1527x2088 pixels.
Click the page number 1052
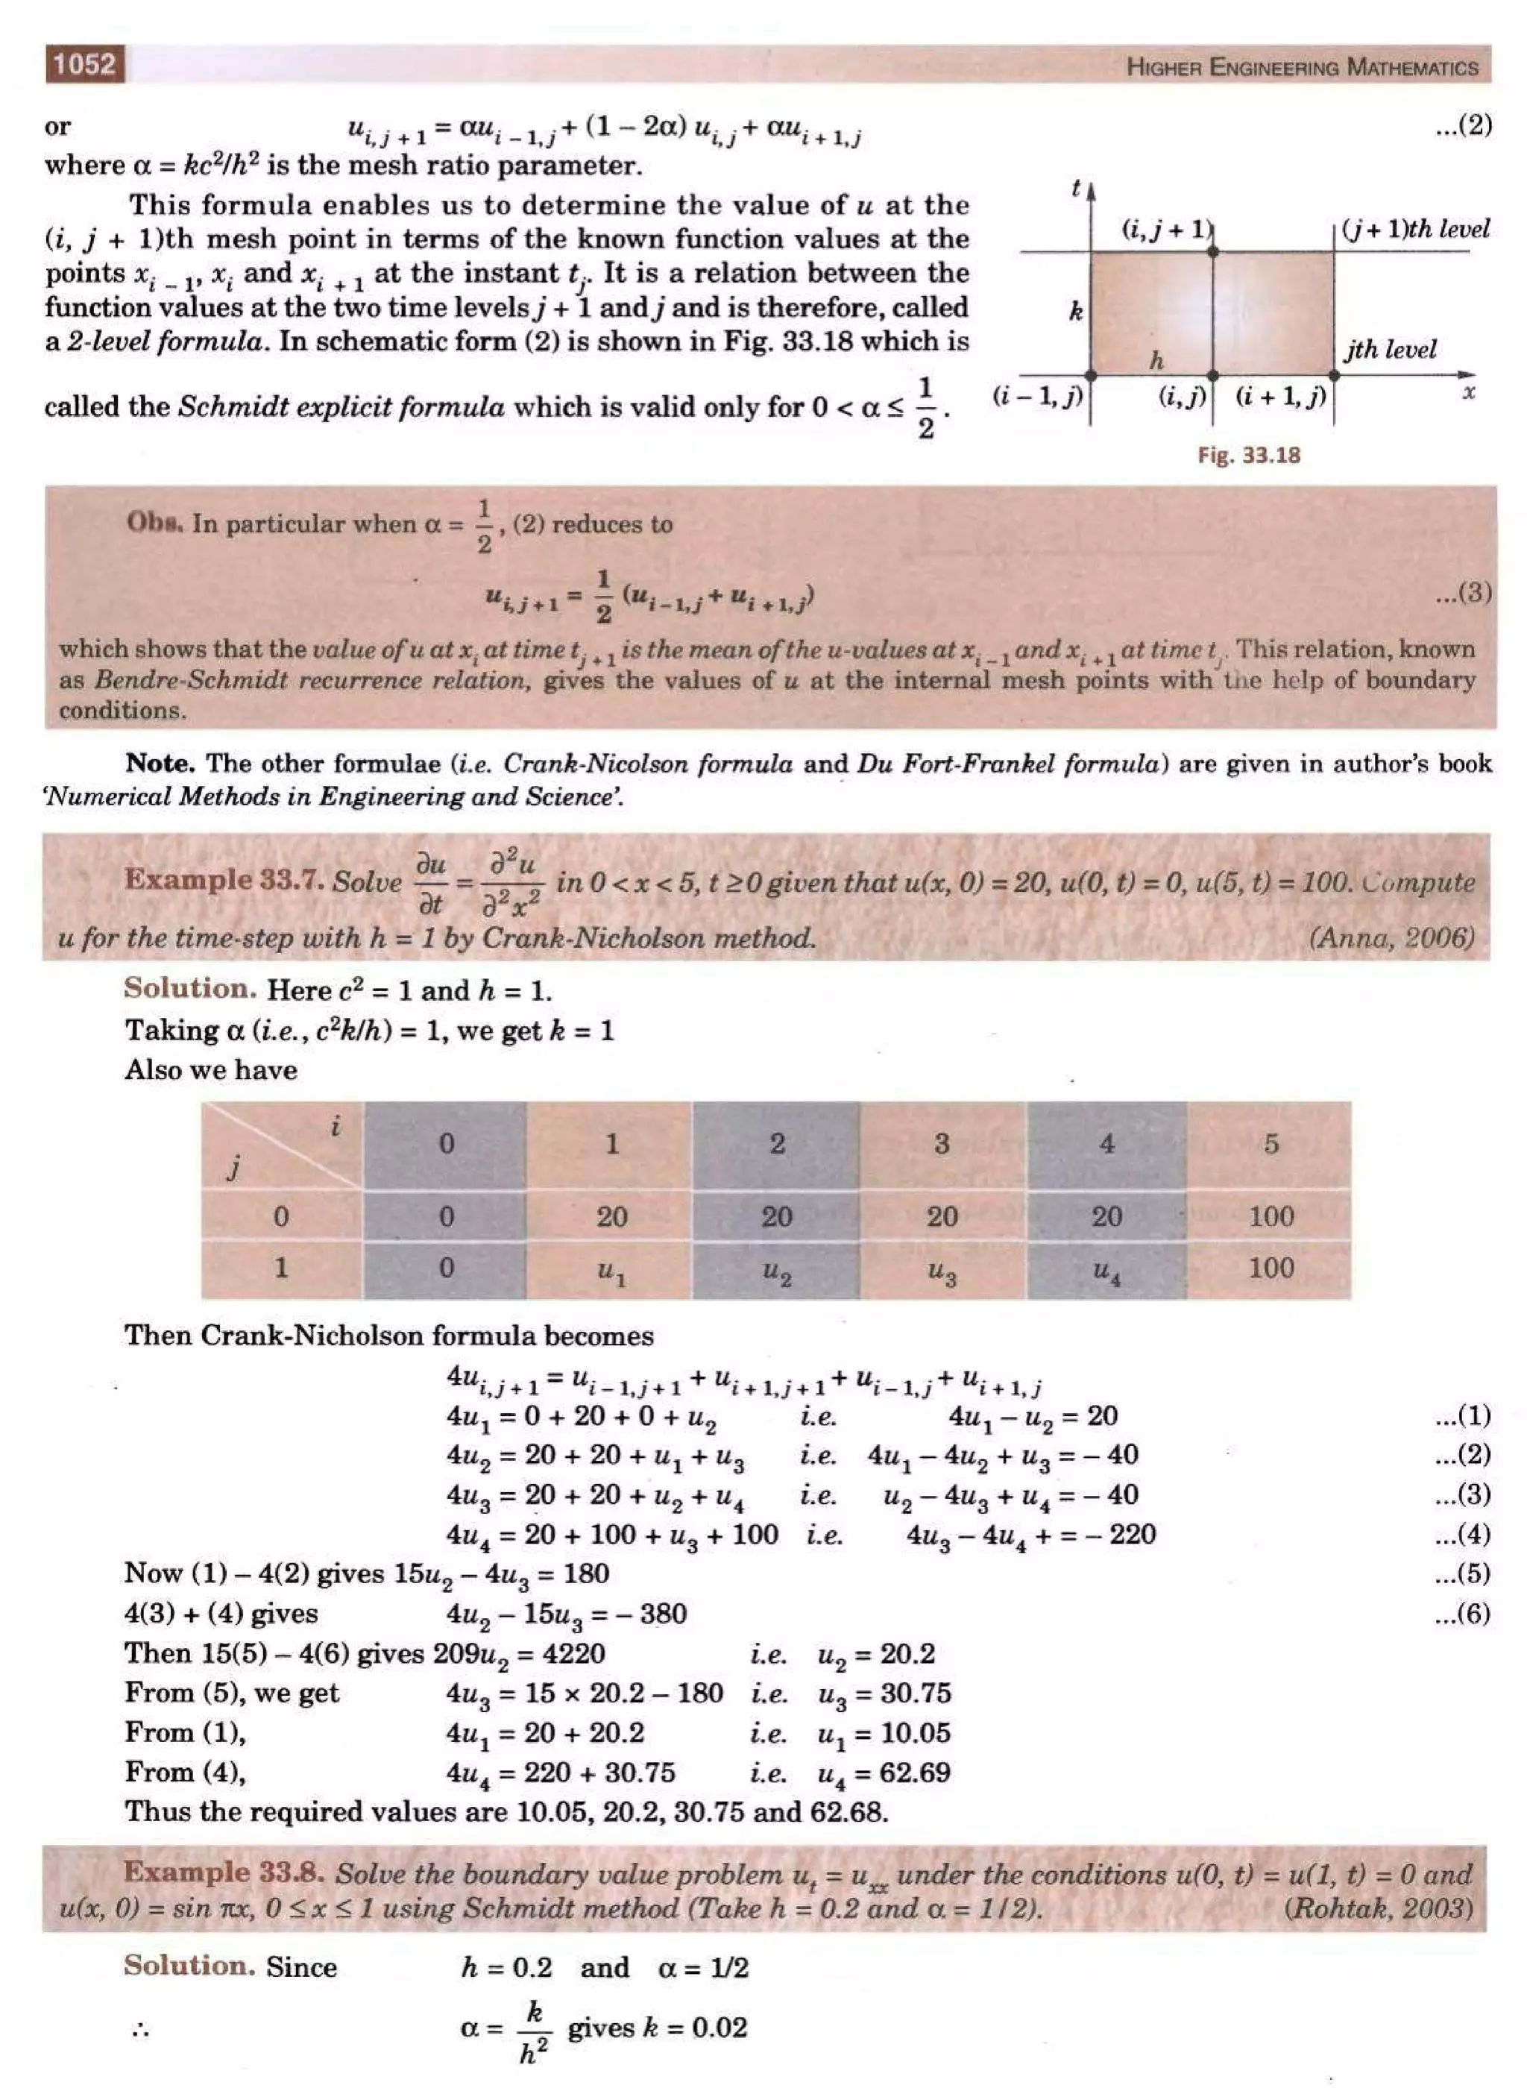(84, 65)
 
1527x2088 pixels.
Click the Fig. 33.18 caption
(1248, 455)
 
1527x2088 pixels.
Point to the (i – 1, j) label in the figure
(1037, 397)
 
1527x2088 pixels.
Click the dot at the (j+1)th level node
(1212, 251)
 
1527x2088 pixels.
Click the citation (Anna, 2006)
(1391, 938)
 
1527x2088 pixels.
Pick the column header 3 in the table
(941, 1144)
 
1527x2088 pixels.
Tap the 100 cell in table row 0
(1271, 1216)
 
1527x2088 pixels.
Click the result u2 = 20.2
(875, 1653)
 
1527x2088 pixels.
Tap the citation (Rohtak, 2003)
(1377, 1909)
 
